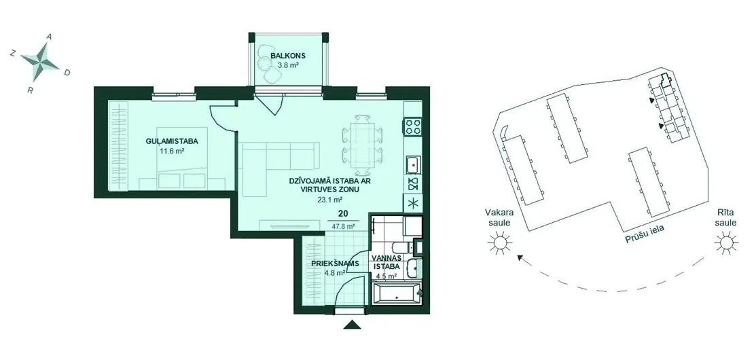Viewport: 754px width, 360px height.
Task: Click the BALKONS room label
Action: pos(287,56)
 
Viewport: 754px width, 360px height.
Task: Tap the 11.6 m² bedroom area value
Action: pos(172,151)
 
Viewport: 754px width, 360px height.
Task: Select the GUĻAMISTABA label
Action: pos(172,141)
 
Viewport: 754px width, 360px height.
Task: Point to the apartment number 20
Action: pos(343,214)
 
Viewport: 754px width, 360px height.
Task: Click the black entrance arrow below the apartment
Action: pos(353,325)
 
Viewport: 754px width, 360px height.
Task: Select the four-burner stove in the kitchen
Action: pos(412,126)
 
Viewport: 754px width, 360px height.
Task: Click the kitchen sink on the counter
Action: pos(412,165)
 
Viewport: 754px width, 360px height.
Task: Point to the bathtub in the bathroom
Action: pos(397,293)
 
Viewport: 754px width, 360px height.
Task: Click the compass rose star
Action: pos(39,62)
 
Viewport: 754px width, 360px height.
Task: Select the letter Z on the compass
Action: pos(12,54)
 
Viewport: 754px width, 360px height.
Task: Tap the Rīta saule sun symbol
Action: pos(725,242)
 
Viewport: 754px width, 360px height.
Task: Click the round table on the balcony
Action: pos(264,63)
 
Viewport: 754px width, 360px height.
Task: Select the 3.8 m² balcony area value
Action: pos(287,65)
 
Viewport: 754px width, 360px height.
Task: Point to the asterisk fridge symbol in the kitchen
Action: pos(412,203)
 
